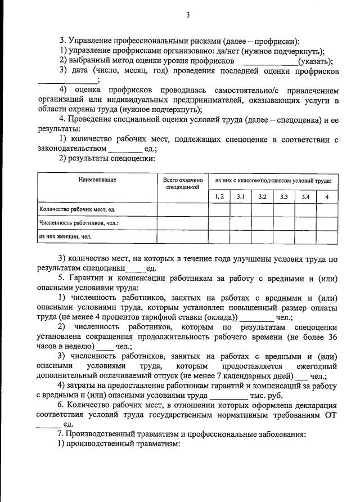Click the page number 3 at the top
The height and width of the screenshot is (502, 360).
(188, 15)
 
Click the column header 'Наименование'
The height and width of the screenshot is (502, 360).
(97, 180)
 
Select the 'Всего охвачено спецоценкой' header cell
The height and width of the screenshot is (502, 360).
(182, 183)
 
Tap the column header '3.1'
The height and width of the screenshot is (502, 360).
(240, 196)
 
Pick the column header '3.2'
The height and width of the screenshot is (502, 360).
(262, 196)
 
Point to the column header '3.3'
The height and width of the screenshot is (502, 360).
(284, 196)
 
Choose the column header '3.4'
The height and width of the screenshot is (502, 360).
(306, 196)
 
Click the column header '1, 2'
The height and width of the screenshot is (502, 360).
(219, 196)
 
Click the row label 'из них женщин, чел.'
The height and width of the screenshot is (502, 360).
(65, 237)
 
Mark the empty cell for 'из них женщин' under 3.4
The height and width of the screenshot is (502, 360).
(306, 237)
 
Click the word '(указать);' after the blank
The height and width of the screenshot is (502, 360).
(316, 61)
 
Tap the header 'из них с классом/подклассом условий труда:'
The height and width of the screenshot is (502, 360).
(273, 180)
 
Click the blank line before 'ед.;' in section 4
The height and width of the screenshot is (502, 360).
(125, 149)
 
